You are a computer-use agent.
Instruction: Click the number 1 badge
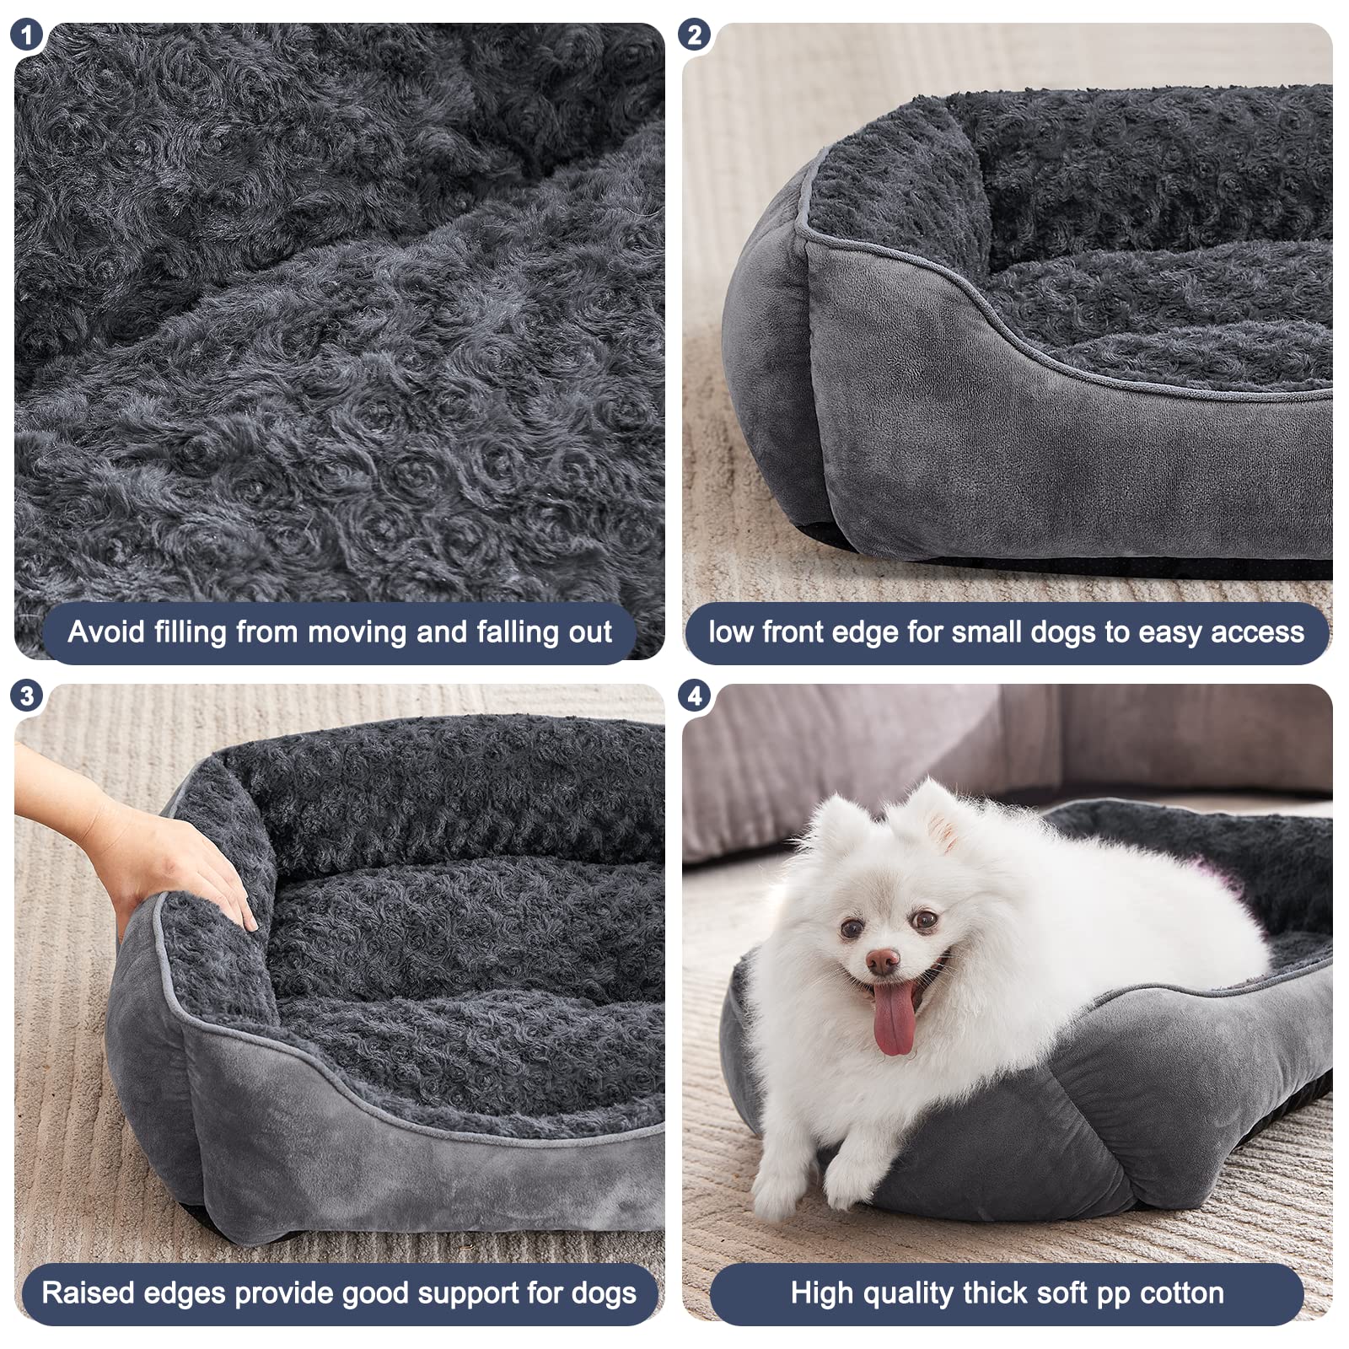27,35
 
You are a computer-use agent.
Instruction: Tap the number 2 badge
694,35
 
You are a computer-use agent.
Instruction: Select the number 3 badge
27,696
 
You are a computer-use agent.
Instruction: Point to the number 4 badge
694,696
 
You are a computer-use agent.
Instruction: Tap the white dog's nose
882,960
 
